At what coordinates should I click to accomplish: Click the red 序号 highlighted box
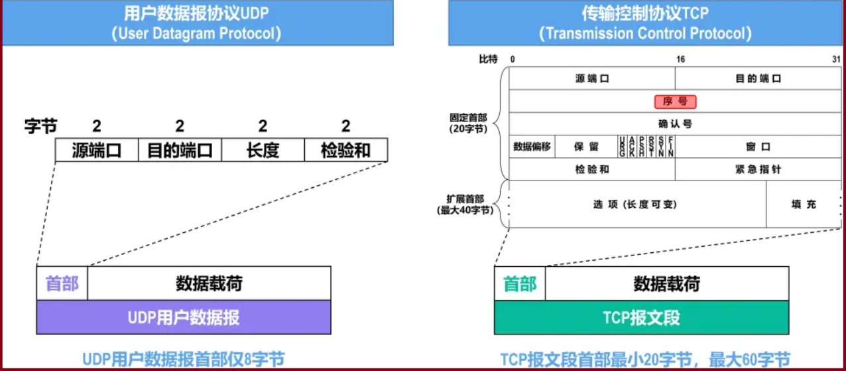[x=676, y=102]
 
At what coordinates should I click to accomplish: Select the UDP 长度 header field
[x=263, y=150]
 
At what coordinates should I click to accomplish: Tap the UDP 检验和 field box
[x=345, y=150]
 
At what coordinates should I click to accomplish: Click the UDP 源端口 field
[x=97, y=150]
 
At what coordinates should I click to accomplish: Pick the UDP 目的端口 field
[x=180, y=150]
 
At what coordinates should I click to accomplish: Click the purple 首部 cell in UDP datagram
[x=62, y=283]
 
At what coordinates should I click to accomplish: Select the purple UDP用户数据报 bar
[x=184, y=317]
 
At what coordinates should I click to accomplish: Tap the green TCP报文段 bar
[x=642, y=317]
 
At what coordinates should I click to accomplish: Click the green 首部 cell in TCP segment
[x=520, y=283]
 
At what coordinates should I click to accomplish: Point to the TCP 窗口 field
[x=758, y=147]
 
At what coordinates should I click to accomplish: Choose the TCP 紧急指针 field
[x=758, y=169]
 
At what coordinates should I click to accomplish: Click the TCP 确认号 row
[x=675, y=123]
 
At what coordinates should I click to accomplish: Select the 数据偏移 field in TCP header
[x=532, y=147]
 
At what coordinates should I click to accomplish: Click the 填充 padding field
[x=804, y=204]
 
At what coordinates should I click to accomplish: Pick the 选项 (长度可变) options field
[x=636, y=204]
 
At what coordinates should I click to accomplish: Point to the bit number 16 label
[x=680, y=60]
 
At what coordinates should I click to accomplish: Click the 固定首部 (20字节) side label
[x=467, y=123]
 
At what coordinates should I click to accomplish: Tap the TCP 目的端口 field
[x=758, y=78]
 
